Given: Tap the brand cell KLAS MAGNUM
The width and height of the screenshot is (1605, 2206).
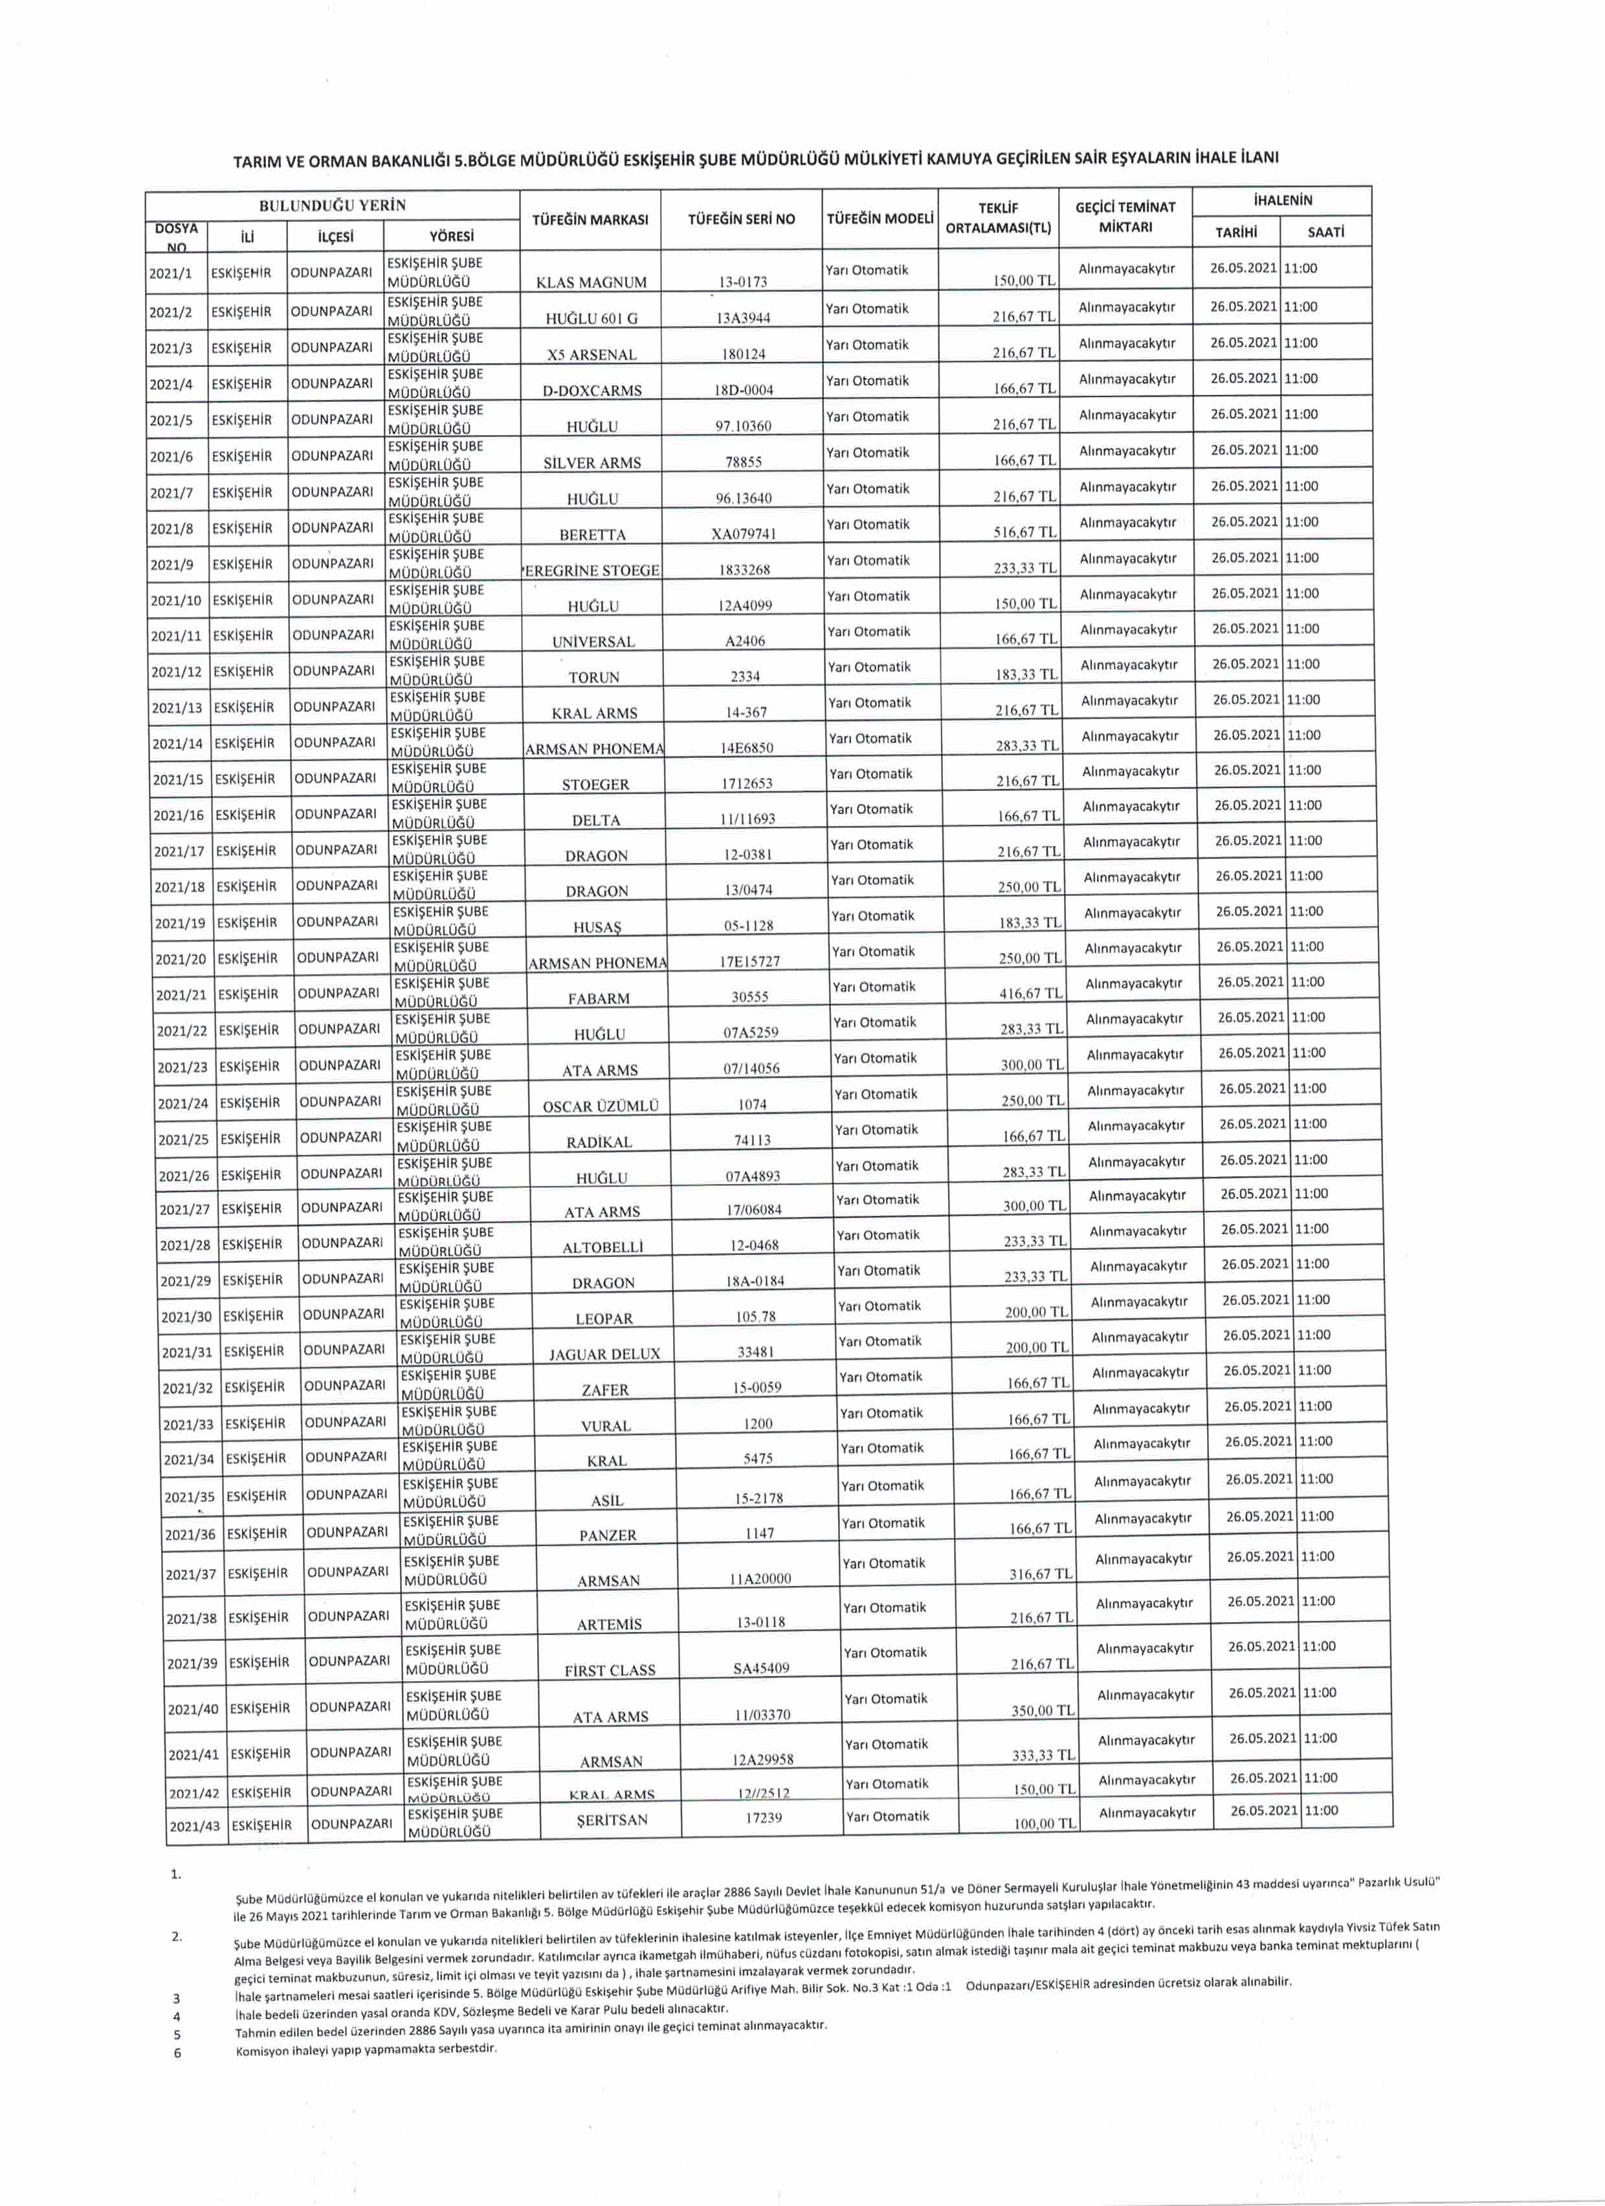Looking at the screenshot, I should point(592,283).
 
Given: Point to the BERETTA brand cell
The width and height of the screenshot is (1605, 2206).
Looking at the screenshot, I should point(592,535).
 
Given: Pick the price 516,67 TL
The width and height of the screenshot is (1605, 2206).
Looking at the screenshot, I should point(1024,532).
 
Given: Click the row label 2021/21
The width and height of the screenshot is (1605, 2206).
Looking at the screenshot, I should point(182,994).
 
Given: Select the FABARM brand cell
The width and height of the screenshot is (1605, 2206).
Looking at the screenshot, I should point(598,999).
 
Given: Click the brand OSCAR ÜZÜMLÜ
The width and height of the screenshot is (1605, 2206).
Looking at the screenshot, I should point(600,1106).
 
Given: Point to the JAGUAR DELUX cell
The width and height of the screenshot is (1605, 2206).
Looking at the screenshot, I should point(604,1354).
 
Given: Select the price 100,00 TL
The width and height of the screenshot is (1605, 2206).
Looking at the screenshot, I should point(1045,1823).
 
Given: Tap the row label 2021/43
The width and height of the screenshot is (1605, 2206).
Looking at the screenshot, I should point(195,1825).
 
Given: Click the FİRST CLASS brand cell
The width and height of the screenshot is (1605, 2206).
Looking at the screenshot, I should point(610,1671).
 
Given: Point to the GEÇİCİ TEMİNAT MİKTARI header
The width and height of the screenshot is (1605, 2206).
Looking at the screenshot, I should point(1125,217).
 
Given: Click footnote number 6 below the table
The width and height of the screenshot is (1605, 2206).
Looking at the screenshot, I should point(177,2053).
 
